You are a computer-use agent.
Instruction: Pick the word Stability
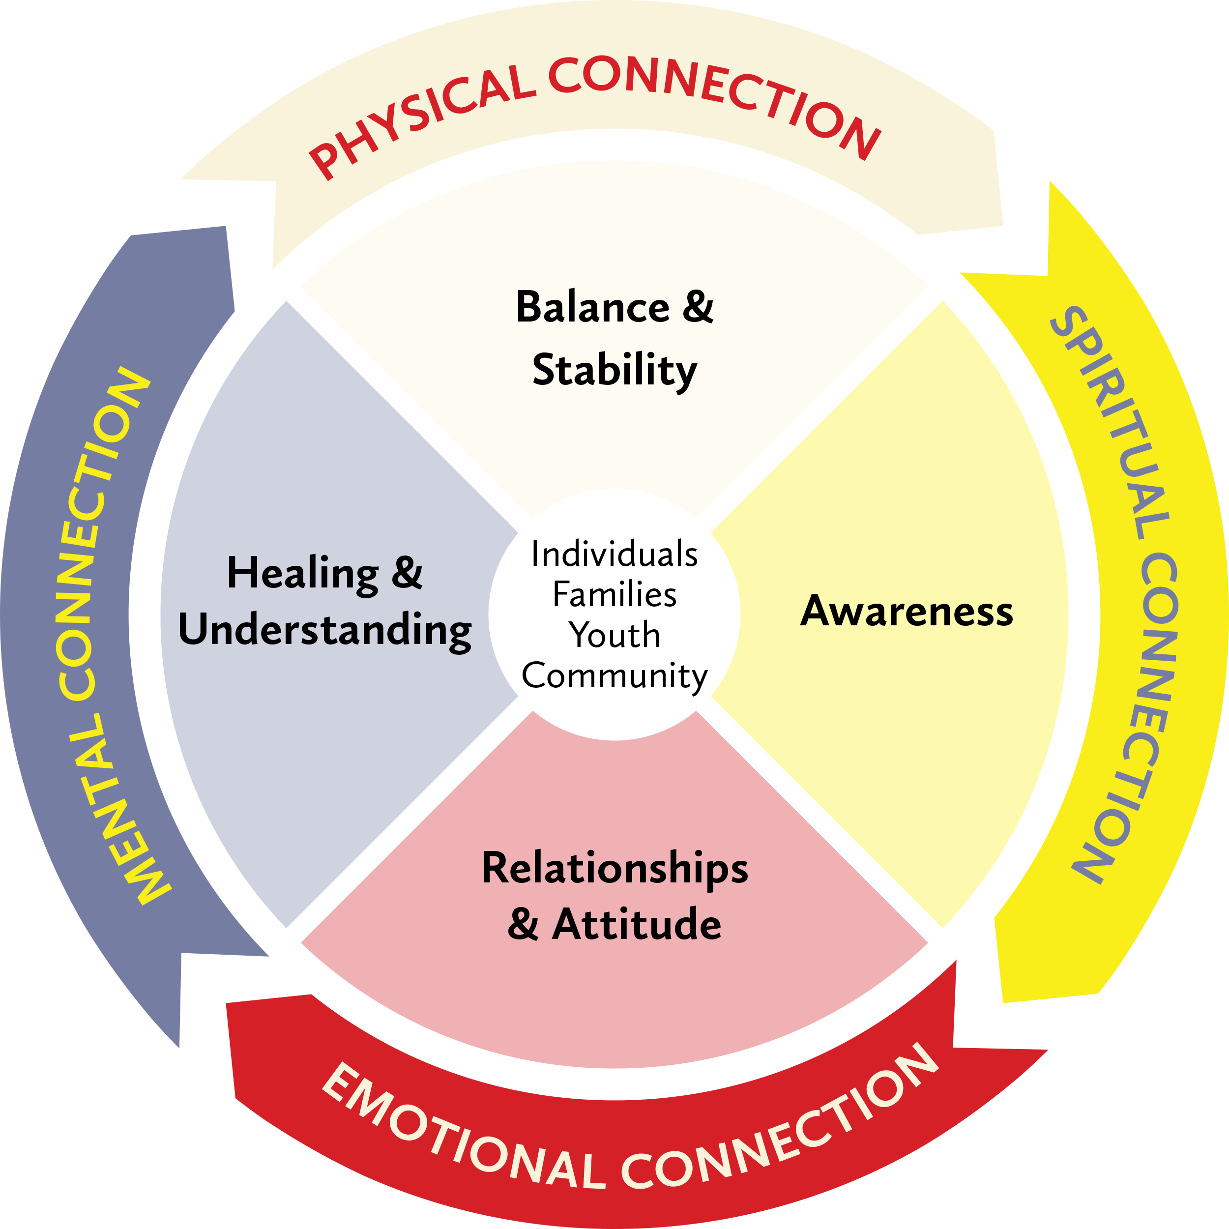(614, 370)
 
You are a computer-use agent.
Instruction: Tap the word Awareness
(906, 612)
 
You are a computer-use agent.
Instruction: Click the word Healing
(303, 573)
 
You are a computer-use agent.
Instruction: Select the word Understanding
(324, 630)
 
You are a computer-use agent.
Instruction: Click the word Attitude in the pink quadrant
(637, 924)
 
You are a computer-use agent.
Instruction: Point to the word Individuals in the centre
(614, 554)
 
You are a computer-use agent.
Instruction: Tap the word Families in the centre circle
(614, 595)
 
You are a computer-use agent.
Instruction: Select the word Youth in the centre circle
(614, 635)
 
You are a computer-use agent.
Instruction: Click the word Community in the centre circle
(614, 675)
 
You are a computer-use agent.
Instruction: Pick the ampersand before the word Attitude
(523, 924)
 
